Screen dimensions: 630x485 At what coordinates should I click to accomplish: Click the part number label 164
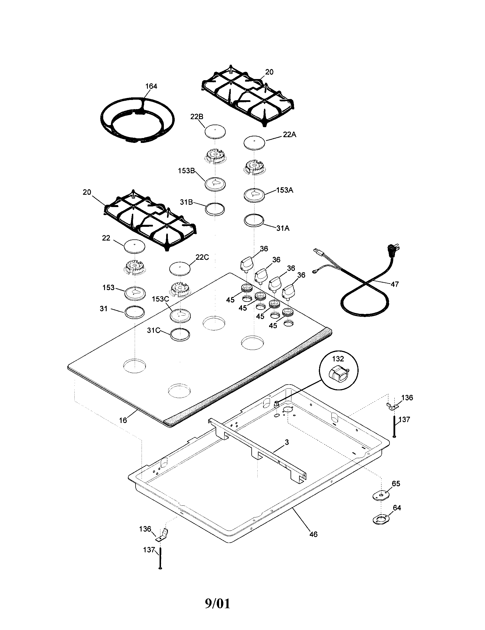point(151,86)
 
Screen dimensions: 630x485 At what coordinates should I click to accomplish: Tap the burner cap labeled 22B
point(215,132)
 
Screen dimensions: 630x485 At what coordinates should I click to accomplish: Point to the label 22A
point(289,135)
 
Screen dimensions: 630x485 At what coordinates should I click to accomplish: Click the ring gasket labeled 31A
point(254,220)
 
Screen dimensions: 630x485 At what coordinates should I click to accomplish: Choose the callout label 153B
point(186,170)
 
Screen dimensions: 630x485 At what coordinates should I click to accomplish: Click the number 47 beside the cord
point(394,284)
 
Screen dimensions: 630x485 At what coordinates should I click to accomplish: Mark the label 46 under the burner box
point(313,535)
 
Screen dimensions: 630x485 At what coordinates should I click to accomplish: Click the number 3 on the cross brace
point(287,442)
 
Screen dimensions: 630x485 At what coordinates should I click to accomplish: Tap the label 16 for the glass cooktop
point(123,420)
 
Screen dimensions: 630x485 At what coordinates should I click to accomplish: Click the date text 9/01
point(218,603)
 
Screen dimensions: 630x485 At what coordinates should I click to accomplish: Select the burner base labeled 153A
point(254,195)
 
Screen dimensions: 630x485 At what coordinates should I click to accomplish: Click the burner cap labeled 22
point(134,247)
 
